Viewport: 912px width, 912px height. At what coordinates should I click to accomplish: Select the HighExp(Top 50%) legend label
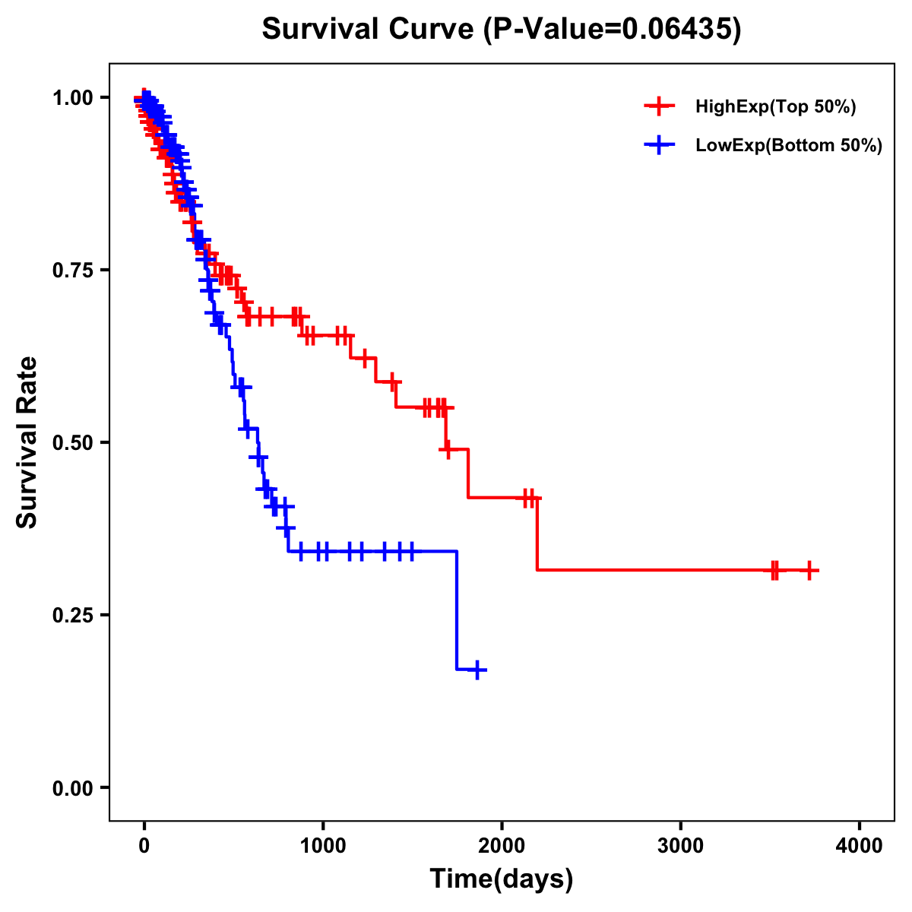click(776, 107)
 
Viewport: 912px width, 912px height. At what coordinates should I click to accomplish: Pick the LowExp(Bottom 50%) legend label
click(789, 146)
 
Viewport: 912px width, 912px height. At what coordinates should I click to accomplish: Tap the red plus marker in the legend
click(659, 106)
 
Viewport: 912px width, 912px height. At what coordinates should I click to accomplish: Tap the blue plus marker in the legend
click(659, 145)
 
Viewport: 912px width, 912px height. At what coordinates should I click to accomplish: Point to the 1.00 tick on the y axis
click(74, 97)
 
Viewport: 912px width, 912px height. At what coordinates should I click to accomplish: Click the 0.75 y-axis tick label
click(74, 270)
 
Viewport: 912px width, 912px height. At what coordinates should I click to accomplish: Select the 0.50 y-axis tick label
click(74, 442)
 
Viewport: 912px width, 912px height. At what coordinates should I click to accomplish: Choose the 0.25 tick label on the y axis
click(74, 615)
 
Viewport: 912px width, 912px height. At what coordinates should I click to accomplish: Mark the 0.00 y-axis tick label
click(74, 787)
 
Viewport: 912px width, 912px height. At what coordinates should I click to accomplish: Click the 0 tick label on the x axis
click(144, 846)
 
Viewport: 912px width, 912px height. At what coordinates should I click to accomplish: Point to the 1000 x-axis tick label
click(323, 846)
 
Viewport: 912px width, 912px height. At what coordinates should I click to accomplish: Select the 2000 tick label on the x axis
click(502, 846)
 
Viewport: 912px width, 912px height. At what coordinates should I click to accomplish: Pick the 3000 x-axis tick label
click(680, 846)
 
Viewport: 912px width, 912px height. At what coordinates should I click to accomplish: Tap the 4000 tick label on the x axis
click(859, 846)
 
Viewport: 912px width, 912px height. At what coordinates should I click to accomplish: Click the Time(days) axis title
click(502, 879)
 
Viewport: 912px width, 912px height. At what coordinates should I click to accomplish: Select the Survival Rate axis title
click(27, 442)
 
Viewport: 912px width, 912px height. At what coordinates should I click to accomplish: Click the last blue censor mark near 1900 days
click(477, 670)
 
